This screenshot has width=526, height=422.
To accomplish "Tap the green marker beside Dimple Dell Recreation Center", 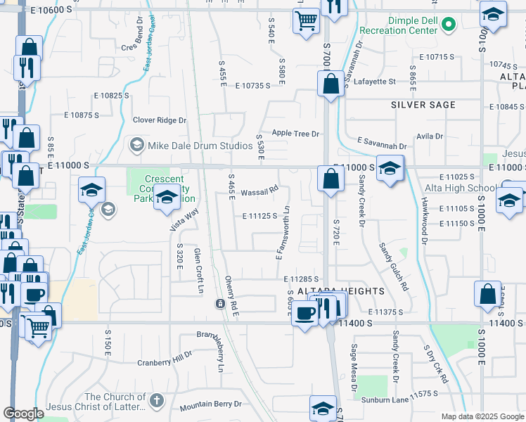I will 450,30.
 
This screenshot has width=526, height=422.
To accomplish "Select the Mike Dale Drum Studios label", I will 200,146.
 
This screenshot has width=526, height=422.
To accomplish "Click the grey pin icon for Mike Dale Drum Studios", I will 136,146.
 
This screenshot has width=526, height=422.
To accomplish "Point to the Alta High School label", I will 459,188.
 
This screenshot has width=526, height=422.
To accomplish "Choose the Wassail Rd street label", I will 259,191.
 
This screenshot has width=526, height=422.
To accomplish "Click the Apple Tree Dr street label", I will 295,133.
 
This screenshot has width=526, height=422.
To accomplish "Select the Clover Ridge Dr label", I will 160,120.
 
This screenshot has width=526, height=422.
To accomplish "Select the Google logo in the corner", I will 23,414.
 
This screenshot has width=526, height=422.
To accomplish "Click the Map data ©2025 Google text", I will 482,416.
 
